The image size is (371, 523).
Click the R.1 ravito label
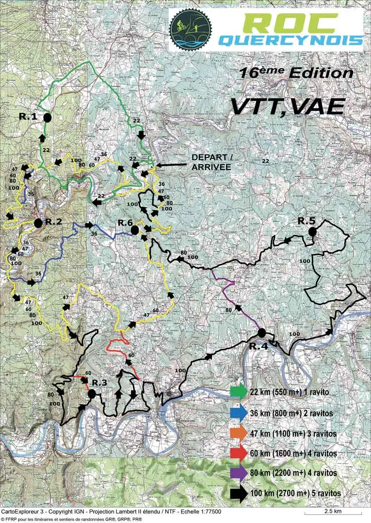28,116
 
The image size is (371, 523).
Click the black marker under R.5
312,232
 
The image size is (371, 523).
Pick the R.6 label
125,223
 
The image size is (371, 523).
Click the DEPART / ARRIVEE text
211,162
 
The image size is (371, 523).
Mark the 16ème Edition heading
295,74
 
